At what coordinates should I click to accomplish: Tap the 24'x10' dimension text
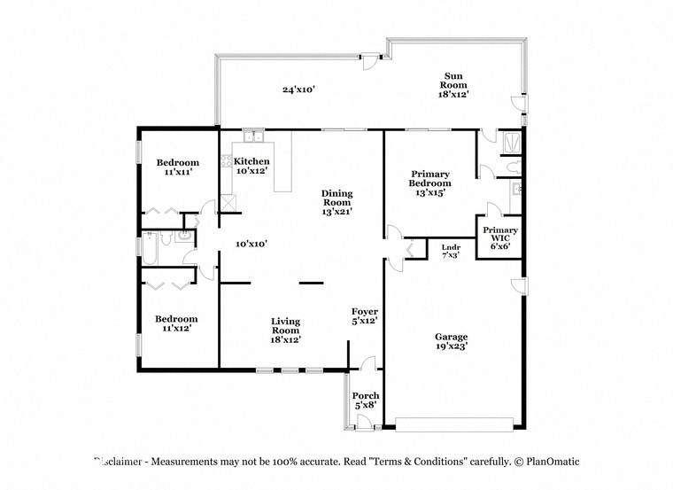pyautogui.click(x=299, y=89)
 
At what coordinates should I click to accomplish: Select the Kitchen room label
pyautogui.click(x=251, y=166)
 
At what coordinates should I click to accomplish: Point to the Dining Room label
pyautogui.click(x=336, y=203)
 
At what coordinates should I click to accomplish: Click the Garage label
pyautogui.click(x=451, y=342)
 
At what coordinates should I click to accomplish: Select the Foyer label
pyautogui.click(x=365, y=316)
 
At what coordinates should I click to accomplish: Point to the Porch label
pyautogui.click(x=366, y=400)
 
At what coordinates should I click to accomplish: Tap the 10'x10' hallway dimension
pyautogui.click(x=251, y=244)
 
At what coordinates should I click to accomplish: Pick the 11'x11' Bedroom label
pyautogui.click(x=178, y=167)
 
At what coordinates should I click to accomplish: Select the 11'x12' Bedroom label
pyautogui.click(x=178, y=323)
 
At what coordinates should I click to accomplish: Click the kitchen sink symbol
pyautogui.click(x=253, y=136)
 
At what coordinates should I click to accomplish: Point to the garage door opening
pyautogui.click(x=453, y=424)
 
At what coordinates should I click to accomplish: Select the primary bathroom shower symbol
pyautogui.click(x=510, y=142)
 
